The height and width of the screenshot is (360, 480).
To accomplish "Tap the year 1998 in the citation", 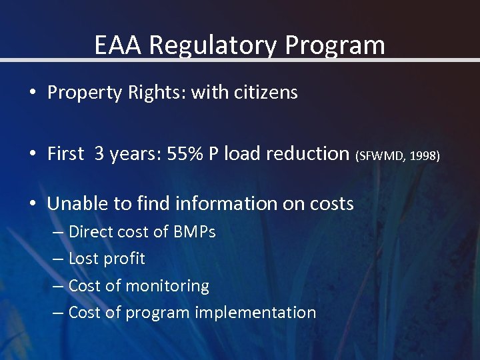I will [x=425, y=155].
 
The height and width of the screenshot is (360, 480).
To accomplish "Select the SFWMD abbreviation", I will [x=381, y=155].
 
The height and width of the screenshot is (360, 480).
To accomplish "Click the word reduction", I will [x=307, y=153].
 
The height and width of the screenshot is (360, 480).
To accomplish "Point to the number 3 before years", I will [x=99, y=153].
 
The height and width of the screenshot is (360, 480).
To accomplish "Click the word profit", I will [x=125, y=259].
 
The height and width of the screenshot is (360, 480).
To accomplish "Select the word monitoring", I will [x=168, y=285].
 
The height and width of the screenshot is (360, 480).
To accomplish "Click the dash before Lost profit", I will [x=57, y=259].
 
